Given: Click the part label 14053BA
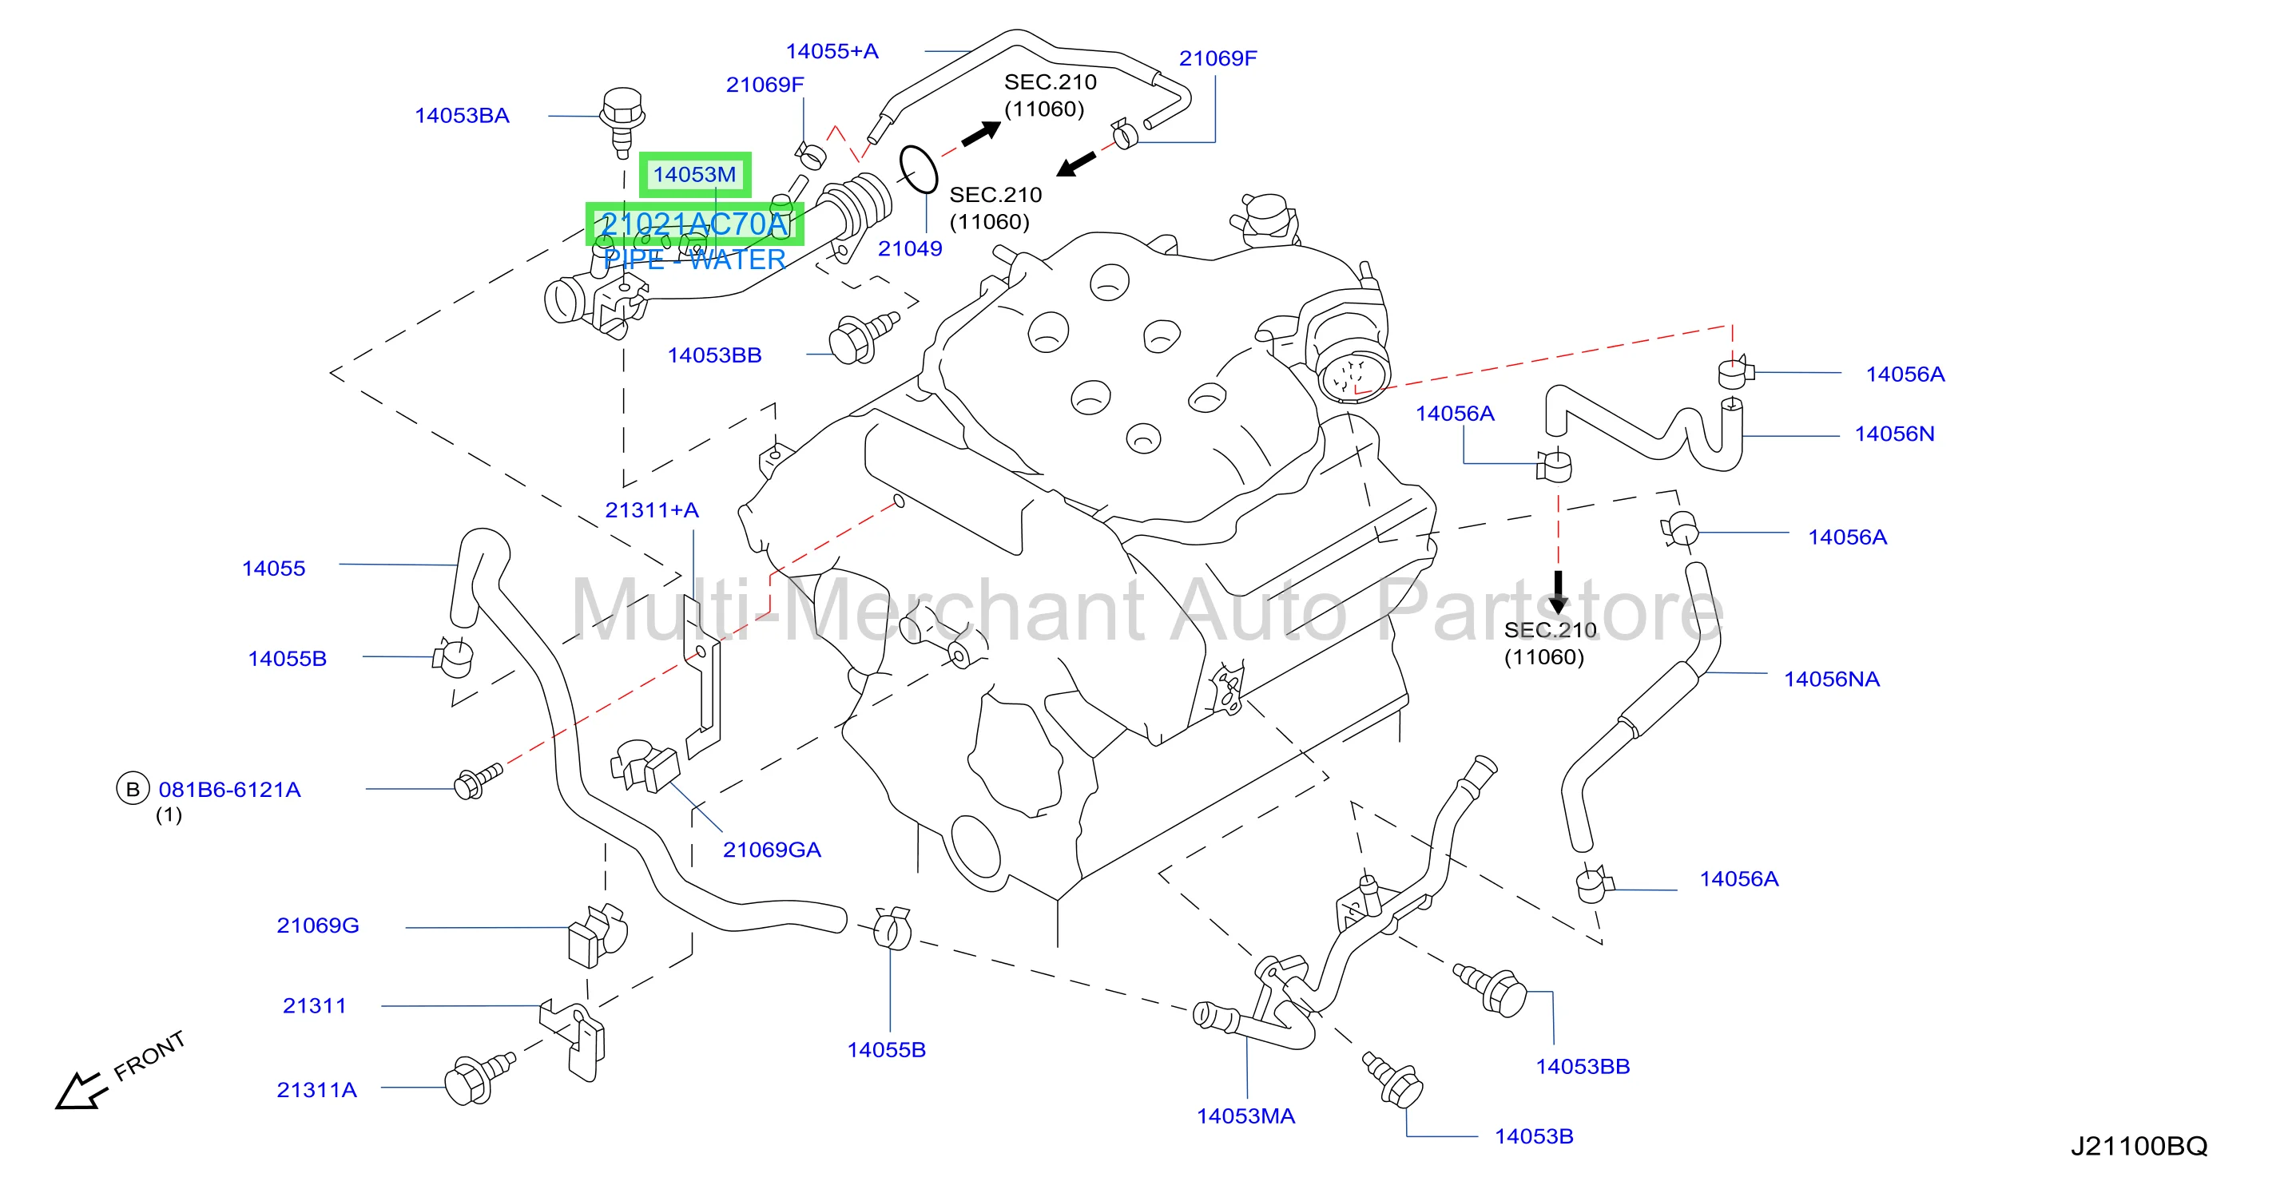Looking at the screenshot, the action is pos(462,116).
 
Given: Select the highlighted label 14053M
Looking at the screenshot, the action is pos(694,175).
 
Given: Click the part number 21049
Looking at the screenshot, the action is pos(910,248).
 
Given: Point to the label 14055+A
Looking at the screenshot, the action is pos(832,52).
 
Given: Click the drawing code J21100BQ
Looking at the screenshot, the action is pos(2139,1146).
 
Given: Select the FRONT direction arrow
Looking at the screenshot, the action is pos(81,1091).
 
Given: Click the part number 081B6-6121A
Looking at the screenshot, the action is pos(230,791).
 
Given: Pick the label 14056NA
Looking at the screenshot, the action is pos(1832,680).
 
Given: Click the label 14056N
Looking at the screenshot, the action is pos(1895,435).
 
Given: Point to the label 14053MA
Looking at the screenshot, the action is pos(1245,1116).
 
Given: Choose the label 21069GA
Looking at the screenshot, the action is pos(772,850).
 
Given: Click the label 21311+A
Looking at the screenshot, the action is pos(652,510).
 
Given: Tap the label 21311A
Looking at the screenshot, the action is pos(316,1091).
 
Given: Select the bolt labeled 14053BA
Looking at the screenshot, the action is pos(622,121).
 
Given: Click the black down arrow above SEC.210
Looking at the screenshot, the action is pos(1558,592).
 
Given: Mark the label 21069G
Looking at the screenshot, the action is pos(318,925).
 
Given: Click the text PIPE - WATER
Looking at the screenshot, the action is pos(694,260).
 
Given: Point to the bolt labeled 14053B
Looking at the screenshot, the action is pos(1392,1079).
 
